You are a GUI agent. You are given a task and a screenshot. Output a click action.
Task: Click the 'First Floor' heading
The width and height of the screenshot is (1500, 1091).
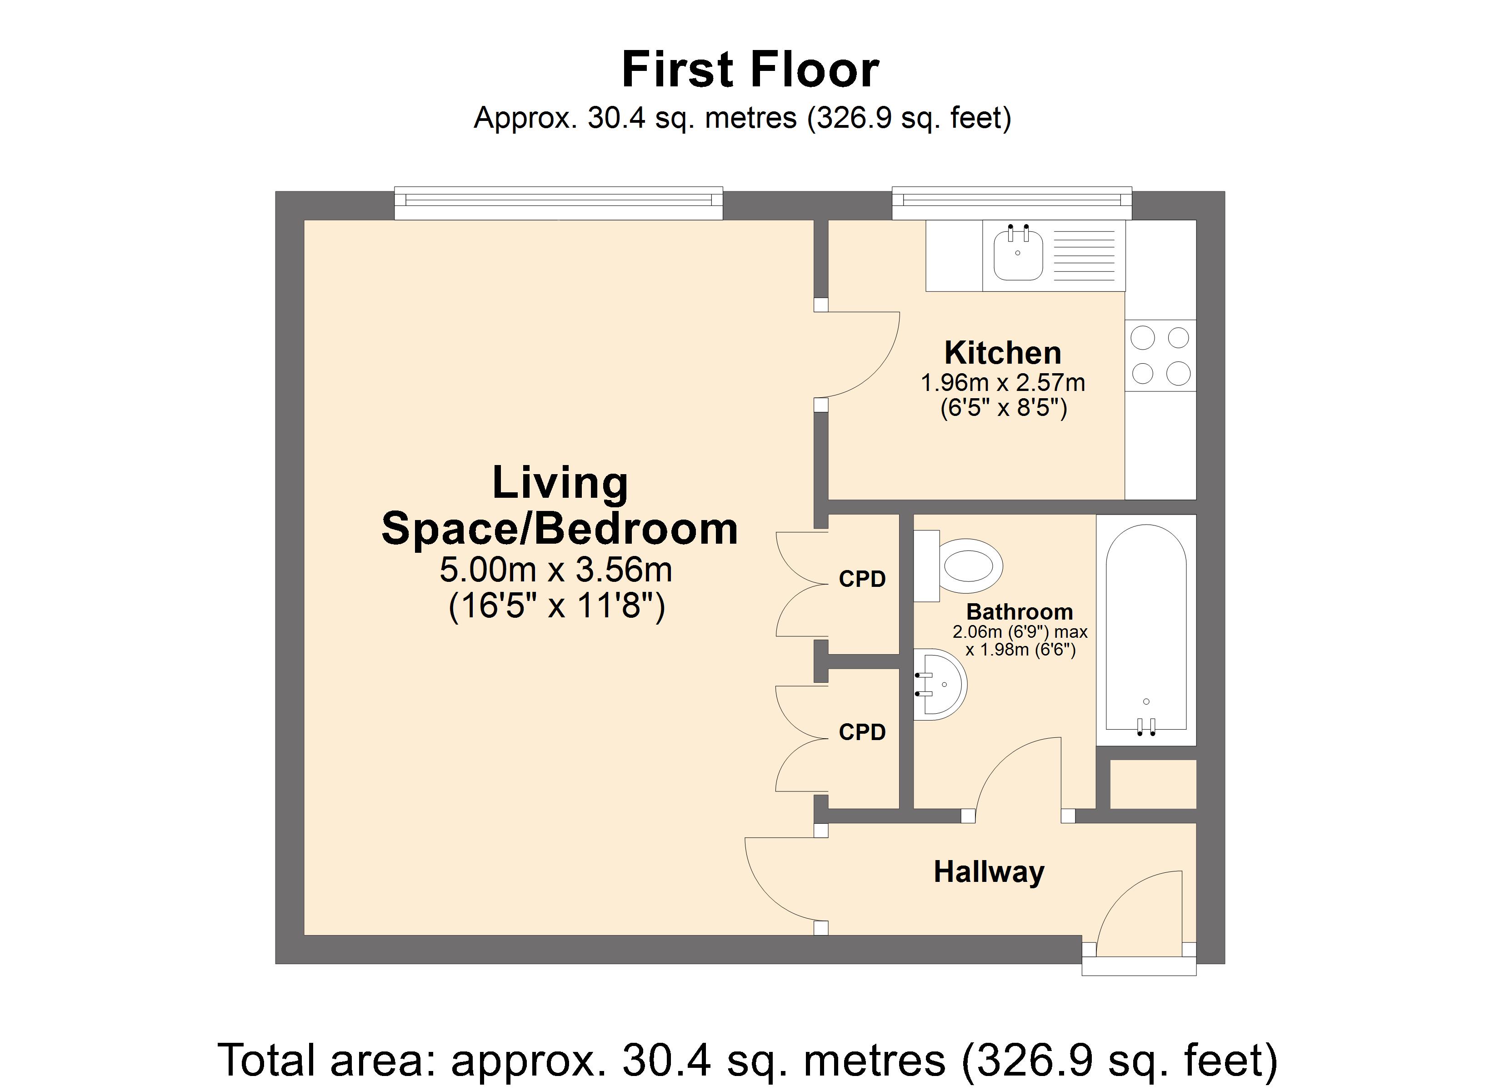(x=750, y=70)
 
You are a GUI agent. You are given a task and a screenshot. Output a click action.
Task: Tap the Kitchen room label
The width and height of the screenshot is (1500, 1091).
(x=1003, y=353)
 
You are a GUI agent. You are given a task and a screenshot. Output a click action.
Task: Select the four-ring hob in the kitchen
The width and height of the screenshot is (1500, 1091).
(x=1161, y=356)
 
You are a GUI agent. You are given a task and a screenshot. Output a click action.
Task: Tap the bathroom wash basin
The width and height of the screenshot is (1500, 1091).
(x=940, y=684)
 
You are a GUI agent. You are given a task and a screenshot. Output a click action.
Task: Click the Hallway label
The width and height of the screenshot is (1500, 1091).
(x=989, y=872)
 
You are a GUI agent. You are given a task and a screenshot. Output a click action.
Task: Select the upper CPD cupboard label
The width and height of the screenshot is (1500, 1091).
(x=862, y=579)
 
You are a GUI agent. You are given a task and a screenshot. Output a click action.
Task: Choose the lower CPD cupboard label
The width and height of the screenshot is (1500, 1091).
(x=862, y=732)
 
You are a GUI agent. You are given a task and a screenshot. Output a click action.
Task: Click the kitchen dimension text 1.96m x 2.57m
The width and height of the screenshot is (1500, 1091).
(x=1003, y=382)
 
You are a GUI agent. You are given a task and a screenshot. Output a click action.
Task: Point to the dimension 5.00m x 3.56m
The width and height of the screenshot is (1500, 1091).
(x=556, y=570)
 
